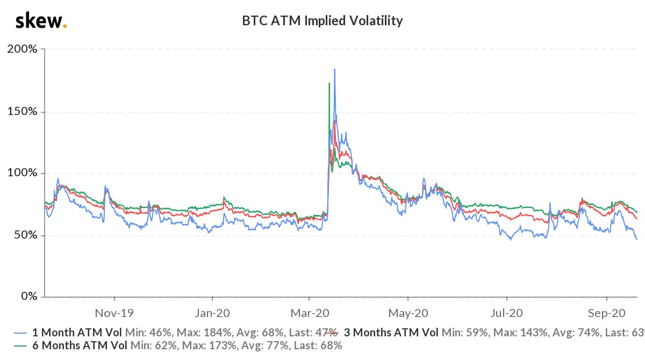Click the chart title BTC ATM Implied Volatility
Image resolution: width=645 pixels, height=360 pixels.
[322, 21]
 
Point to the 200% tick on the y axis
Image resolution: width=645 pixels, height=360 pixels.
[23, 49]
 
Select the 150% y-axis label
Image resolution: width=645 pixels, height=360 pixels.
[23, 112]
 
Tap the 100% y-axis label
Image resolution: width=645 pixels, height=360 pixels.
[23, 174]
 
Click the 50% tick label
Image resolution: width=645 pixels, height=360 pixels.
[26, 235]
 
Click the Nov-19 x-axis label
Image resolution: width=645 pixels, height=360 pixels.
[114, 312]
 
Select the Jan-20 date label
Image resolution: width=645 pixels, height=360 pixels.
[212, 312]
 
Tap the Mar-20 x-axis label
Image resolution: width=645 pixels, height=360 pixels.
[310, 312]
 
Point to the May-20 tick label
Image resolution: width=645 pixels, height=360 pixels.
[408, 312]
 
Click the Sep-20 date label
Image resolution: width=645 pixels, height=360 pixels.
[606, 312]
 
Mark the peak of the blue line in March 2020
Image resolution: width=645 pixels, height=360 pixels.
[335, 69]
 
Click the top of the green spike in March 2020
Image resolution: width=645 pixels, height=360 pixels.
[328, 83]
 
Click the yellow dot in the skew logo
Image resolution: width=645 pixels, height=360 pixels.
[65, 26]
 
